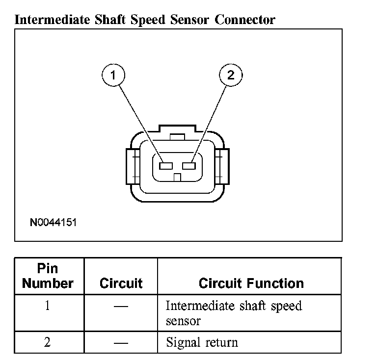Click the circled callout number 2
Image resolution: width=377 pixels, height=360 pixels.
pyautogui.click(x=231, y=76)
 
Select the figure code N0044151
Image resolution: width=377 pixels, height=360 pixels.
pyautogui.click(x=53, y=222)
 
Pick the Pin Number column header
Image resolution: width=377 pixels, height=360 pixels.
pyautogui.click(x=48, y=276)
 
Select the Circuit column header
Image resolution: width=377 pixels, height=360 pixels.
pyautogui.click(x=121, y=283)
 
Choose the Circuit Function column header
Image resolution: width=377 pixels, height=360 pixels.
pyautogui.click(x=251, y=283)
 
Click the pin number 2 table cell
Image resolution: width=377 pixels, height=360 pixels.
pyautogui.click(x=47, y=342)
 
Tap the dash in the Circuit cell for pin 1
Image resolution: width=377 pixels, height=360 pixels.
pyautogui.click(x=121, y=307)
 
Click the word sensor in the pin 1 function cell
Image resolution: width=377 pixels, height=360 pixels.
pyautogui.click(x=183, y=322)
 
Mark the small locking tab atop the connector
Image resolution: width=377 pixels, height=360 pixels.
pyautogui.click(x=177, y=136)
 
